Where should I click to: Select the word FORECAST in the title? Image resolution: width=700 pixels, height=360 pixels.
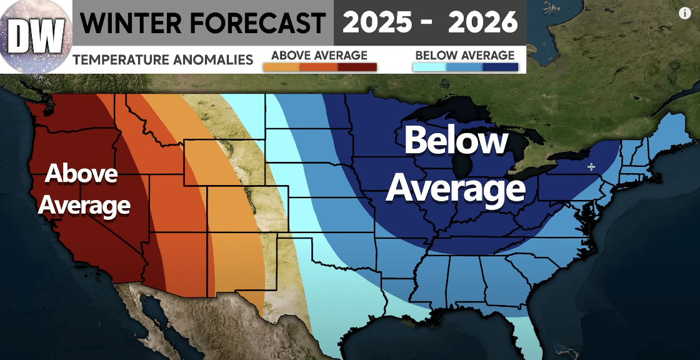[x=257, y=24]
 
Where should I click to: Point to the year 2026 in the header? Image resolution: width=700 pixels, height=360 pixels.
[x=483, y=24]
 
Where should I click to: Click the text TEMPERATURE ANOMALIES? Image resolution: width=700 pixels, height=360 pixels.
[x=162, y=60]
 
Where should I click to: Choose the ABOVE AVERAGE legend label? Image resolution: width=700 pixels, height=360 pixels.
[x=319, y=56]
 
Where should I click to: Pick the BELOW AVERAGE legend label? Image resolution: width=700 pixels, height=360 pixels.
[x=464, y=56]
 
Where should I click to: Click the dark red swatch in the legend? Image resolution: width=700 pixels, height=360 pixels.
[x=357, y=67]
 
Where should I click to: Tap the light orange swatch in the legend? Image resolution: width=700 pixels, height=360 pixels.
[x=281, y=67]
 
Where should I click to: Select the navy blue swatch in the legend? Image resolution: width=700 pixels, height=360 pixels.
[x=501, y=67]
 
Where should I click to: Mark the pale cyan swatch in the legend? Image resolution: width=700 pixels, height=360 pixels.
[x=430, y=67]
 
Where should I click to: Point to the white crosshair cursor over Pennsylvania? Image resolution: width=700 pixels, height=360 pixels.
[x=592, y=167]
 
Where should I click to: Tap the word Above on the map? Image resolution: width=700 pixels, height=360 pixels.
[x=81, y=174]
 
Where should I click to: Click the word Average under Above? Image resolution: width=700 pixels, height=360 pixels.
[x=84, y=205]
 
